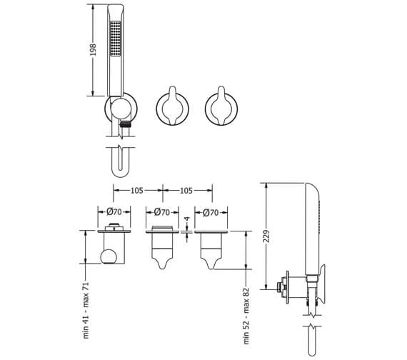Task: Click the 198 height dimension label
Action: pos(93,49)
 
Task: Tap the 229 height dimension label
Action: pos(266,236)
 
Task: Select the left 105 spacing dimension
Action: pos(137,191)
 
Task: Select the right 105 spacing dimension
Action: pos(186,191)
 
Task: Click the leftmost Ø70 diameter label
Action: pos(114,212)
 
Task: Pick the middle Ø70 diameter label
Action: pos(162,212)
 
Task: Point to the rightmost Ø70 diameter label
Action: pos(211,213)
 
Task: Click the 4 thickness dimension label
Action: pos(187,219)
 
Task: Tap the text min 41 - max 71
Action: pos(86,310)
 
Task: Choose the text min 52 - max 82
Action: pos(246,316)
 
